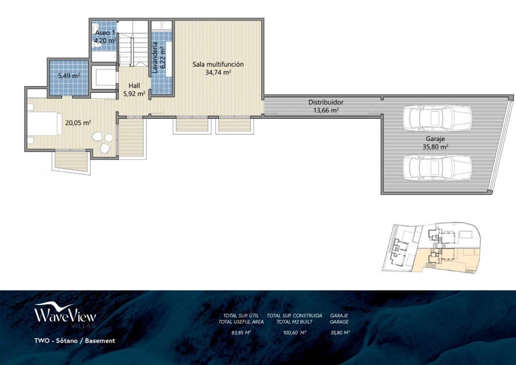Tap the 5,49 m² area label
point(69,76)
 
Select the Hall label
point(134,86)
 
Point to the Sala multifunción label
point(218,64)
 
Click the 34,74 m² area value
point(218,72)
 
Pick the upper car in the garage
point(437,117)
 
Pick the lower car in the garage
point(437,167)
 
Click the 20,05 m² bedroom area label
point(78,122)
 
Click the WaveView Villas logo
point(64,316)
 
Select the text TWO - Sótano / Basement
point(75,341)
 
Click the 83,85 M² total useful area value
point(241,332)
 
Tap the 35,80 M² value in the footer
point(339,332)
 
